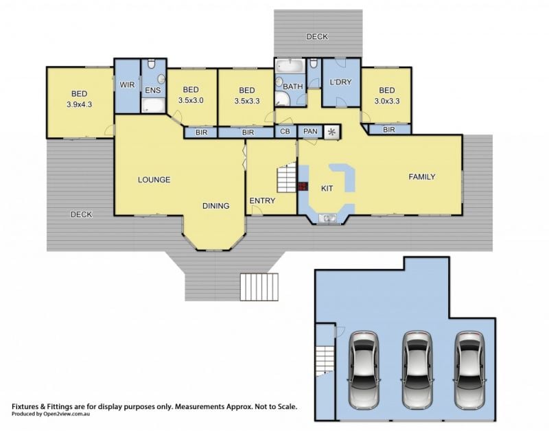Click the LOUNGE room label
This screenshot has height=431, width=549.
point(154,180)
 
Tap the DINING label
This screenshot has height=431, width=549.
point(215,206)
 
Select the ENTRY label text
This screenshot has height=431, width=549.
point(262,200)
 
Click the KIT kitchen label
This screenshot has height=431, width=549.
point(327,188)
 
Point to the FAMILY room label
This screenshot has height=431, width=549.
point(422,177)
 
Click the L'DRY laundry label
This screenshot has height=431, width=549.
point(340,82)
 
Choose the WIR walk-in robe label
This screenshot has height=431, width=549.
point(127,84)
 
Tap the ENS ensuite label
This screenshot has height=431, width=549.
point(153,91)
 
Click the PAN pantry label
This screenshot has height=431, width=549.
point(310,131)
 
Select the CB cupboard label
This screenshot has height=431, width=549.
point(285,131)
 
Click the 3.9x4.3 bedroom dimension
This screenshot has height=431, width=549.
point(79,104)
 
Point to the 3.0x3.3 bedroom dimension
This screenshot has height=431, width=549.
point(387,101)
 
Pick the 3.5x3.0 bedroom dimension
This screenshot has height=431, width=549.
point(191,100)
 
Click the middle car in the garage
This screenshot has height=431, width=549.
point(417,370)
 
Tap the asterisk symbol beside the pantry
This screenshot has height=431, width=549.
point(331,132)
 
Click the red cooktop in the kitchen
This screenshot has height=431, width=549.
point(303,186)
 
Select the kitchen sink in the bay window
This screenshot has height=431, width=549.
point(327,218)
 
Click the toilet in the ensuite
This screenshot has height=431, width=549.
point(151,64)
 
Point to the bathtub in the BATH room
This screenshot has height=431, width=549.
point(290,66)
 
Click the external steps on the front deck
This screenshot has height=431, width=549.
point(259,287)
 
